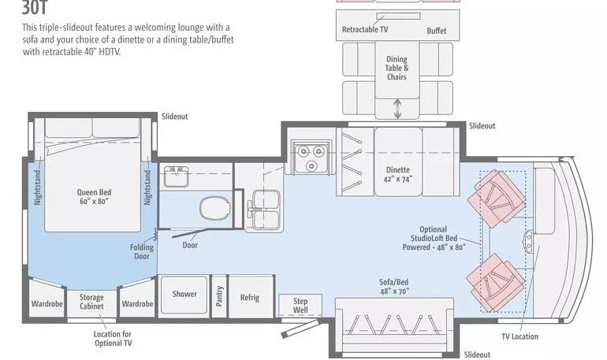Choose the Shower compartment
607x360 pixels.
(x=184, y=295)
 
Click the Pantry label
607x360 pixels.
(x=220, y=295)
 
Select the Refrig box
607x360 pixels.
(x=250, y=297)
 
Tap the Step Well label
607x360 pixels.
(x=300, y=306)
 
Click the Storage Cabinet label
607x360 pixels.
(x=91, y=302)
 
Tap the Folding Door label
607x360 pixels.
(x=142, y=251)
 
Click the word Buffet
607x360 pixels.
(x=436, y=31)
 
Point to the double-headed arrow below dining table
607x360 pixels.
(x=397, y=108)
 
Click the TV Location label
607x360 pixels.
(x=519, y=336)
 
